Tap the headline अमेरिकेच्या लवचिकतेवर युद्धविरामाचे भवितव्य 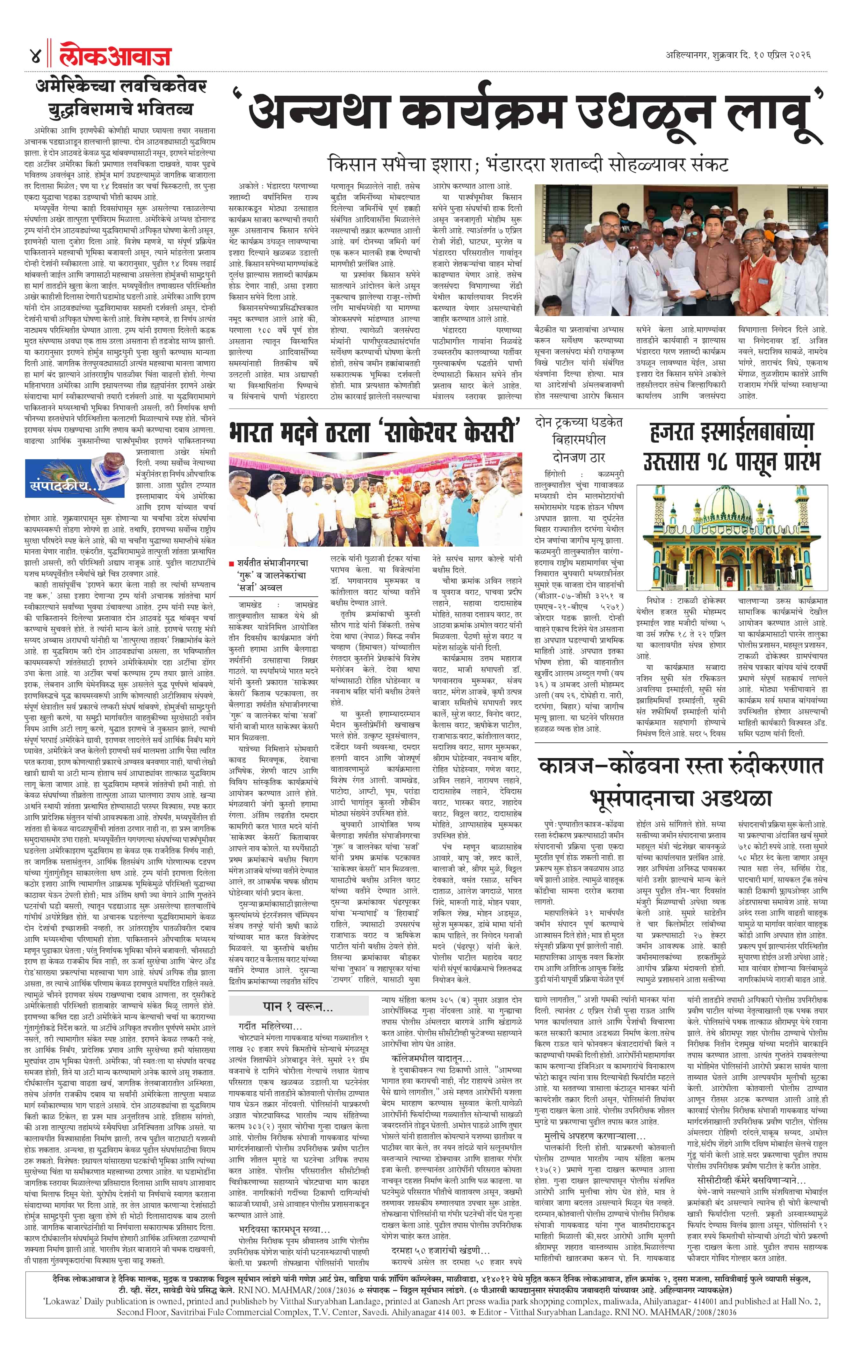coord(121,97)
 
